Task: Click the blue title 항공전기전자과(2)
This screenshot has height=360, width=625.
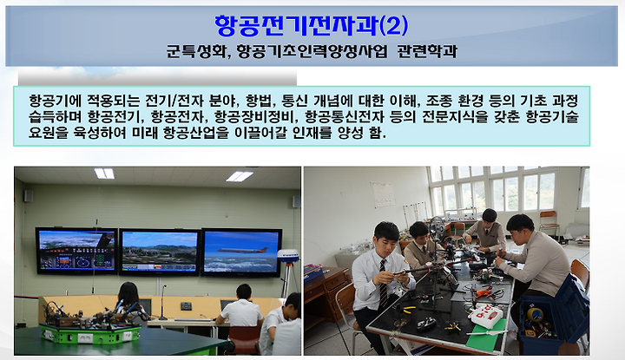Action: pos(312,25)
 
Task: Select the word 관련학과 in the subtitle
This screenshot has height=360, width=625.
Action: pos(427,51)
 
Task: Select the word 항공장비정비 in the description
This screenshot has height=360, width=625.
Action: pos(257,117)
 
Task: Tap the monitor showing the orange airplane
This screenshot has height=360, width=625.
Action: pos(242,253)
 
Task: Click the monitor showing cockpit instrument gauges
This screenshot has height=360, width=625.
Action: pos(77,251)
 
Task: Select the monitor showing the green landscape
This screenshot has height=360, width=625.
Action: pos(160,252)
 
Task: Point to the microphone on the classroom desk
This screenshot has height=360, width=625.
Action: pos(162,303)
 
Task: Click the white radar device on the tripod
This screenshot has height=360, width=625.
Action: pos(288,256)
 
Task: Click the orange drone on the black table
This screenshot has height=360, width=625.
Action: pos(485,292)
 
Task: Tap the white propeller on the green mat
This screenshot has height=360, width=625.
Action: pos(487,331)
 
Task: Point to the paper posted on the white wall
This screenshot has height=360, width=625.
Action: pos(383,194)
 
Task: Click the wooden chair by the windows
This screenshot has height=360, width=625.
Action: pos(549,223)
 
